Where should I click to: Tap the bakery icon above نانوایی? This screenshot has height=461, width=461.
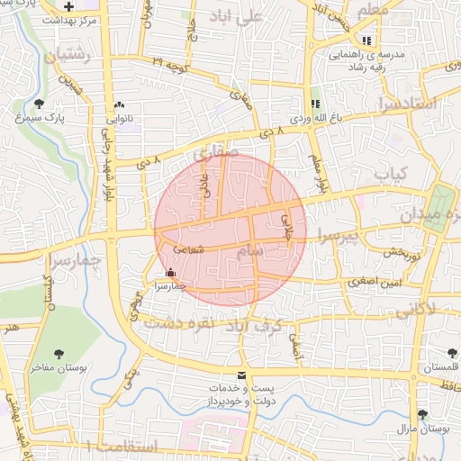121,104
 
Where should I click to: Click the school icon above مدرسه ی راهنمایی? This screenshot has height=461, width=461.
366,41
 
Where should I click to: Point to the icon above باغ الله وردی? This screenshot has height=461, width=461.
315,104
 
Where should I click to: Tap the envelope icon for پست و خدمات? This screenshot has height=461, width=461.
240,375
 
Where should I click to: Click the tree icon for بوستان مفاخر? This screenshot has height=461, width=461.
59,354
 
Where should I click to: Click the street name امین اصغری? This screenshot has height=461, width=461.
373,282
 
